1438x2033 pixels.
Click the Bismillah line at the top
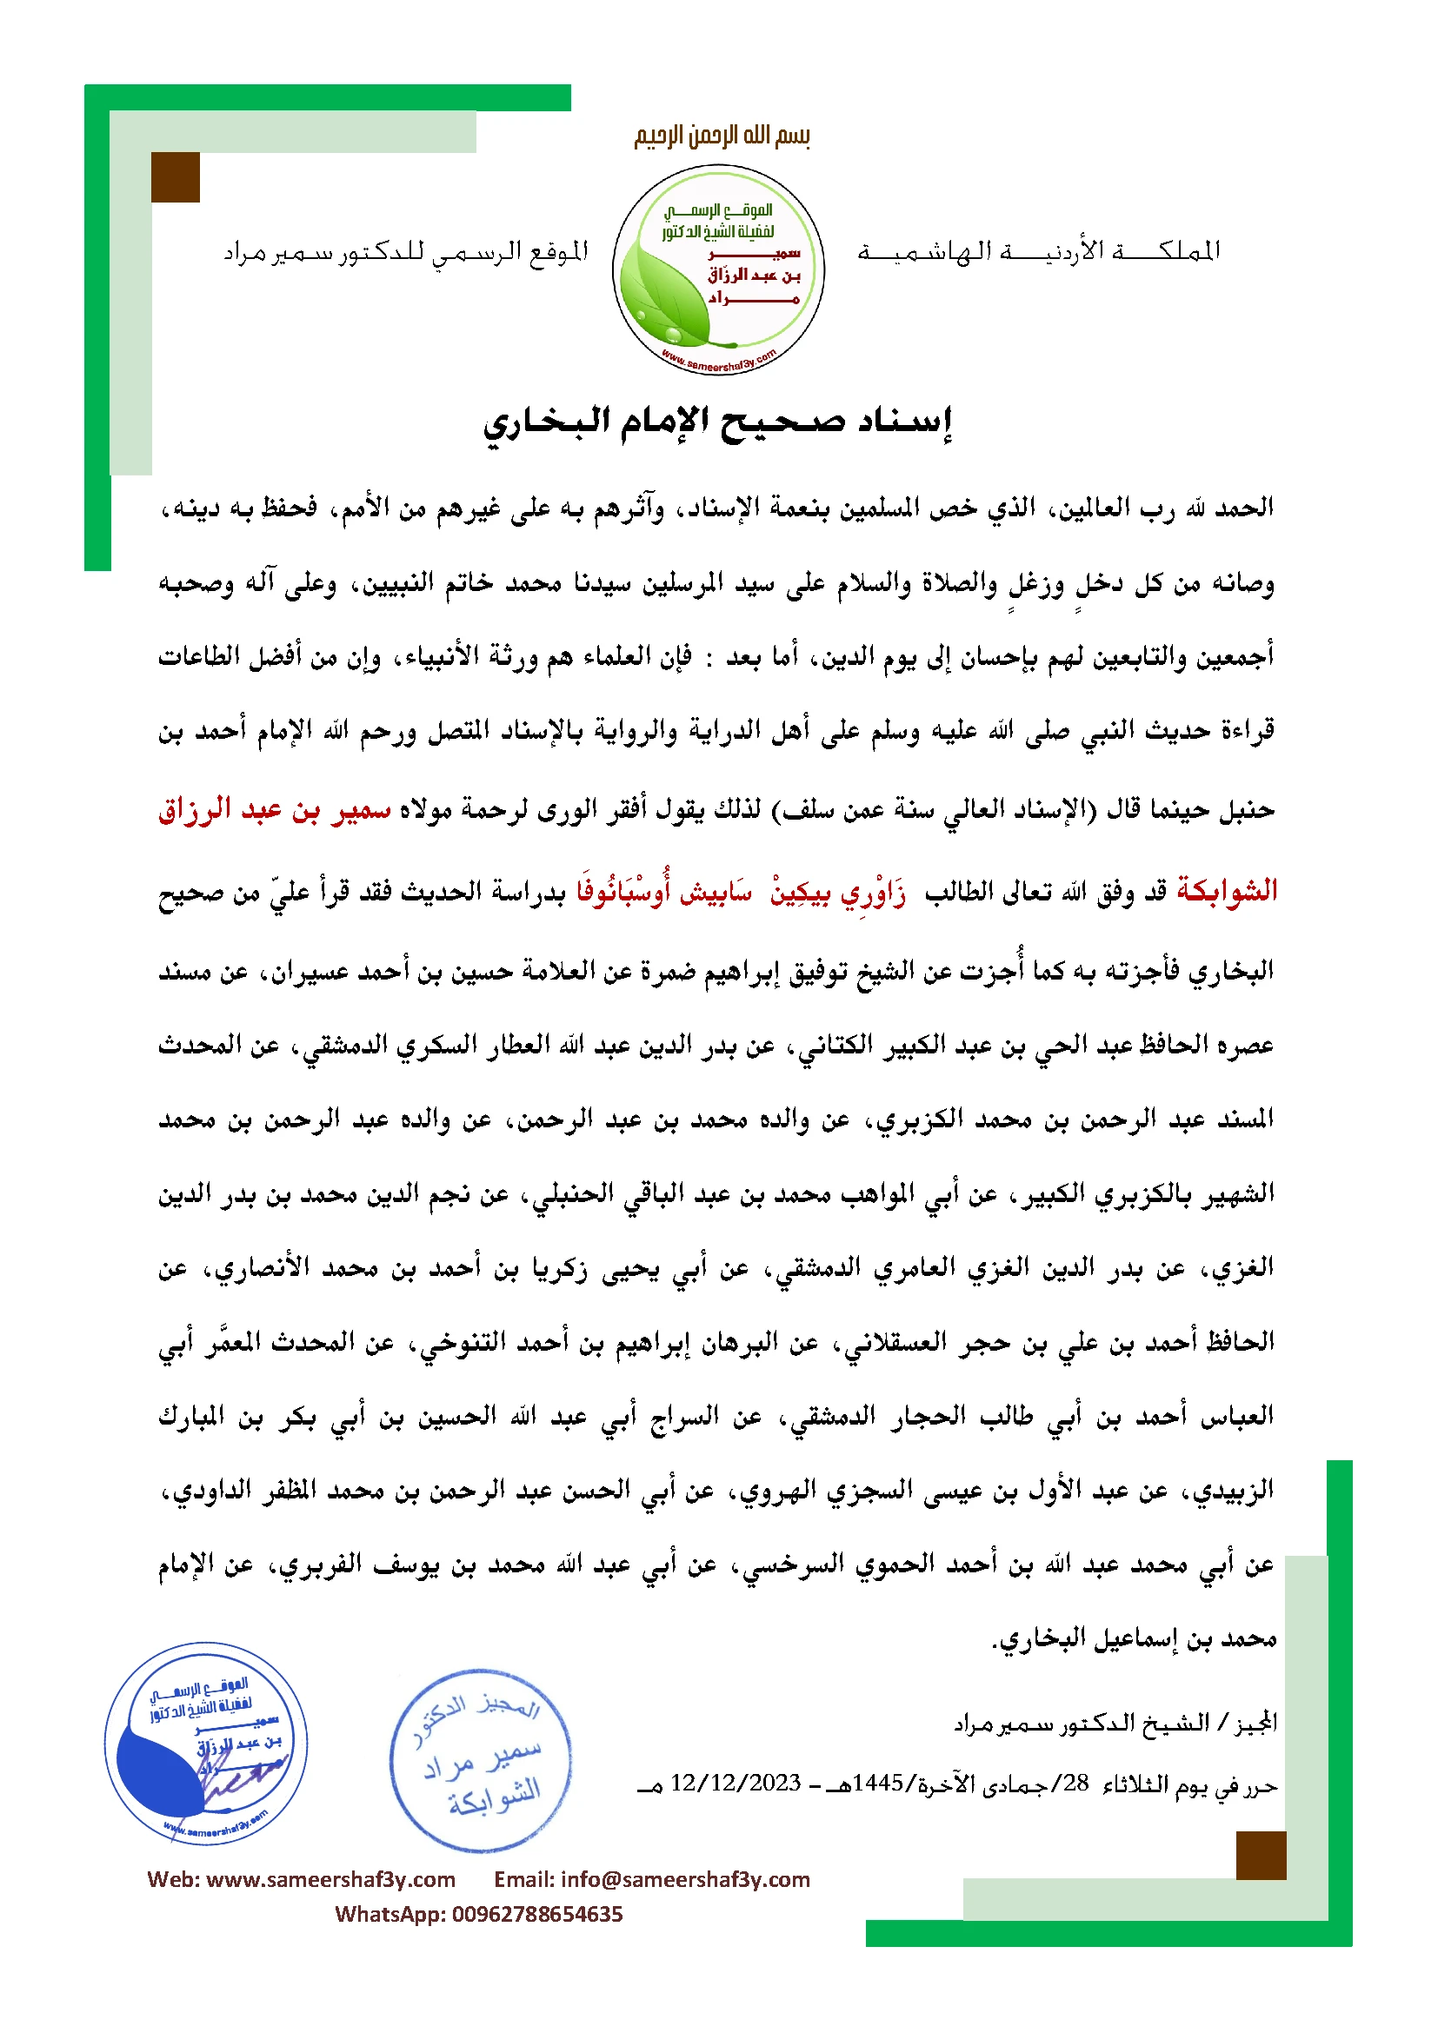[x=722, y=136]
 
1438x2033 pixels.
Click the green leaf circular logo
[x=718, y=269]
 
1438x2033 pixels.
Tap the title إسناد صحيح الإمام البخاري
[x=717, y=422]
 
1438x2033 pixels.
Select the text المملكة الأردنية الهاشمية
[x=1038, y=251]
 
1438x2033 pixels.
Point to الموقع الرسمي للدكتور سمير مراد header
[x=405, y=253]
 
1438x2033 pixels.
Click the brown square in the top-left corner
[x=176, y=177]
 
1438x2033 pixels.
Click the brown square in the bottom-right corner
[x=1261, y=1856]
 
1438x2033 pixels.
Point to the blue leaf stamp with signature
[x=206, y=1744]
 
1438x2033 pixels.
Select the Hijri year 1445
[x=878, y=1783]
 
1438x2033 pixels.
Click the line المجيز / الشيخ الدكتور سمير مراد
[x=1115, y=1723]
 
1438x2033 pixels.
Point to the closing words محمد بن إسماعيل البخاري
[x=1135, y=1638]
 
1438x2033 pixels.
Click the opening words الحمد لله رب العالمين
[x=1161, y=508]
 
